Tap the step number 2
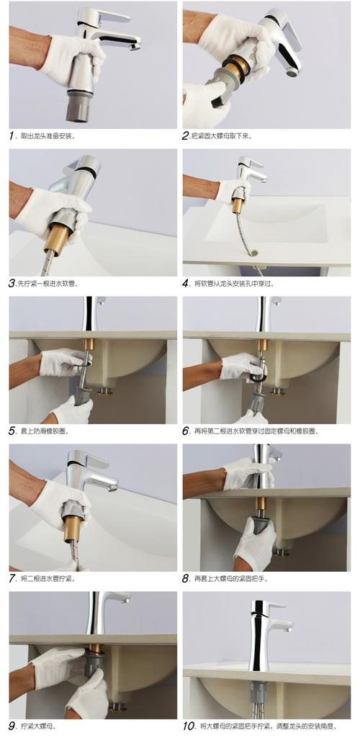[x=186, y=135]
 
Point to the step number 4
[x=186, y=284]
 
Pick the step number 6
[x=186, y=431]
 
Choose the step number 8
[x=186, y=578]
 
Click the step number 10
[x=189, y=726]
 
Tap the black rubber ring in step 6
[x=258, y=376]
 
